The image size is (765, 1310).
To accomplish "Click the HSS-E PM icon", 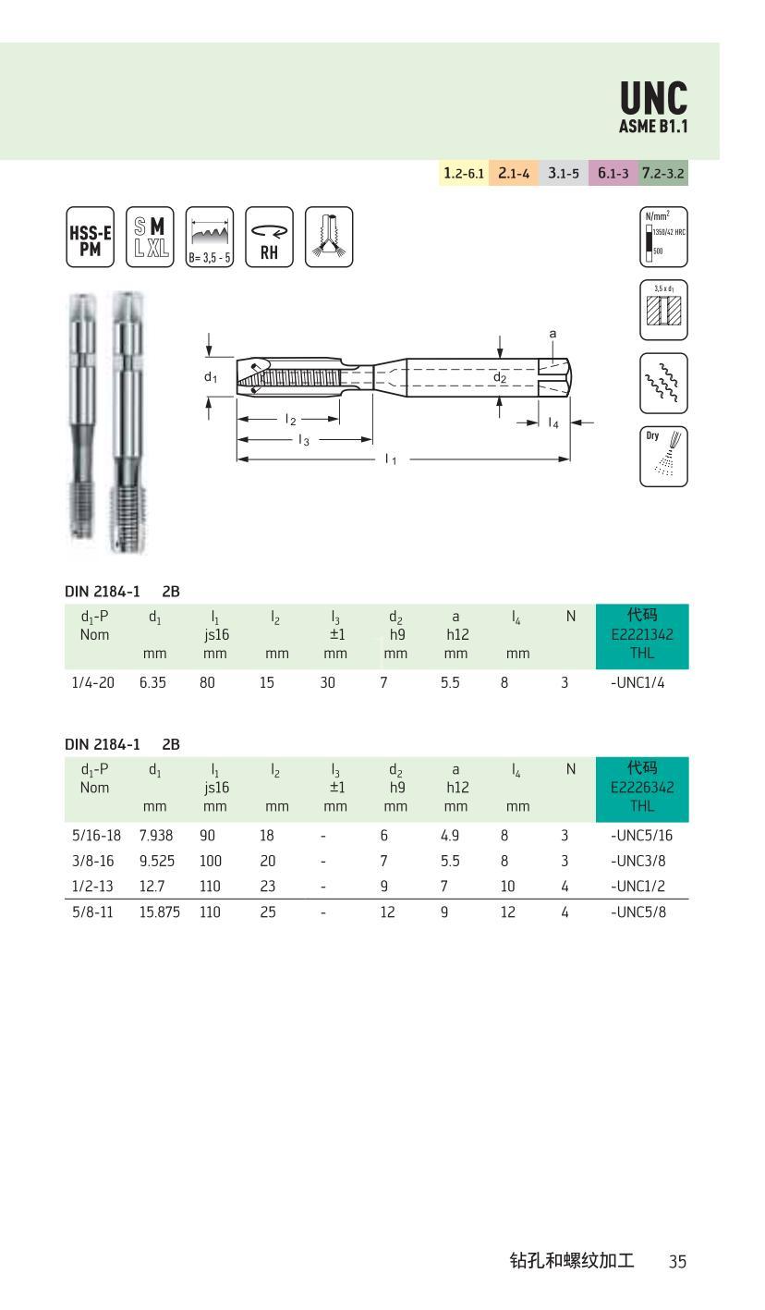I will click(90, 238).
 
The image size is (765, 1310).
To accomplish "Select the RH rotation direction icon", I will click(269, 238).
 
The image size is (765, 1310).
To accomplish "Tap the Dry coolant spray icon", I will click(663, 456).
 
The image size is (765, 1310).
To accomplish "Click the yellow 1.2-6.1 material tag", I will click(463, 173).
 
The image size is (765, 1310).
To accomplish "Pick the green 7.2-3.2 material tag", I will click(663, 173).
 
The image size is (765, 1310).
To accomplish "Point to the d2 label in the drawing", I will click(500, 376).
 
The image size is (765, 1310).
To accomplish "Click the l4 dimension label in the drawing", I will click(552, 422).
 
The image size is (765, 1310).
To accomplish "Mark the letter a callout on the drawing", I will click(552, 334).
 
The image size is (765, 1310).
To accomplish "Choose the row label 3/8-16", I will click(96, 861).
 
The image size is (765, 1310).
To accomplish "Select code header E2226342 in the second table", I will click(642, 787).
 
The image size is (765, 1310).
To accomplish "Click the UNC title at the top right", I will click(653, 98).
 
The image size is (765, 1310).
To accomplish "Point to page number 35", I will click(677, 1261).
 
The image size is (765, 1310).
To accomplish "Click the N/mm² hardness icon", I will click(663, 238).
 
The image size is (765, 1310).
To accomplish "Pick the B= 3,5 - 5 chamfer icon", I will click(209, 238).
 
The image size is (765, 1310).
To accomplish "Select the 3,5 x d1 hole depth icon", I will click(663, 310).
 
